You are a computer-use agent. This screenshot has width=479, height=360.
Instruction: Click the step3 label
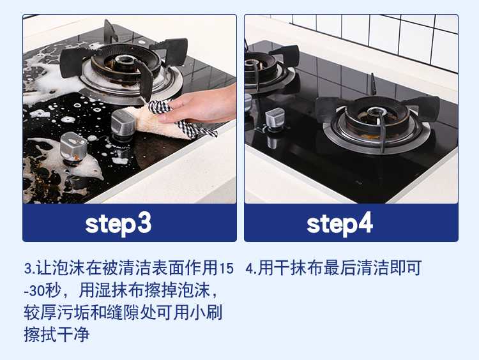[x=118, y=224]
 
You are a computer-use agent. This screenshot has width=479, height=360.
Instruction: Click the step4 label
[x=339, y=224]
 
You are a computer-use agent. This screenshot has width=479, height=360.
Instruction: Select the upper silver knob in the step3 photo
[x=123, y=124]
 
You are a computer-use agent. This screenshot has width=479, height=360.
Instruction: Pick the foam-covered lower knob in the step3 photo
[x=73, y=148]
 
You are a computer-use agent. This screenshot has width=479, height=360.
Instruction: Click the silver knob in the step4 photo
[x=275, y=120]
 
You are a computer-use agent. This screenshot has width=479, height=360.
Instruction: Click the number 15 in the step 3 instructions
[x=226, y=268]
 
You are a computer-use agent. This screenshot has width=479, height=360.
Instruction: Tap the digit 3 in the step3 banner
[x=144, y=223]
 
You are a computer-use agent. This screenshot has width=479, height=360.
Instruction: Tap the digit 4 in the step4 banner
[x=365, y=223]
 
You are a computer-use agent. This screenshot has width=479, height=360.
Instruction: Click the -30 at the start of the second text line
[x=34, y=290]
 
